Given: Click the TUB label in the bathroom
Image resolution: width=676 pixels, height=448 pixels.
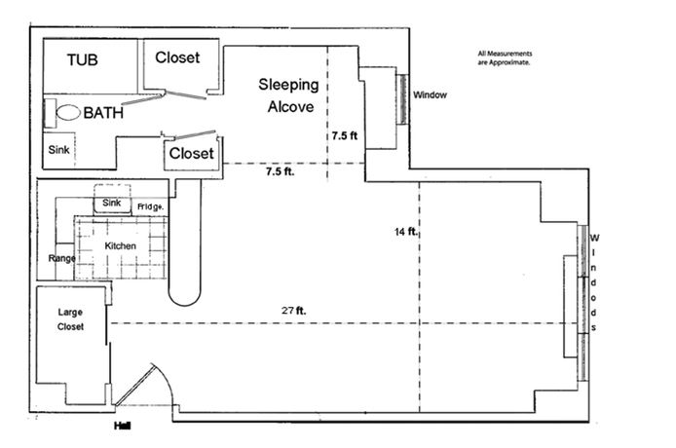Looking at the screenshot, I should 85,60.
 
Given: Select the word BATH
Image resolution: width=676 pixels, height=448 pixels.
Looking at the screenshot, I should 103,113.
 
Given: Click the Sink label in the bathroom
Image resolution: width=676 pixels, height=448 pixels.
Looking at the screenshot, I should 58,151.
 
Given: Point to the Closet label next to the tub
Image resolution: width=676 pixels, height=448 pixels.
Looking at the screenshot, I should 177,57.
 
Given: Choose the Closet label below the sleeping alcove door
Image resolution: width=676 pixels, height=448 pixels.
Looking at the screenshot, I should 191,154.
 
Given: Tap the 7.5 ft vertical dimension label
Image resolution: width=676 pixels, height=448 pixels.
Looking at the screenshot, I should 345,136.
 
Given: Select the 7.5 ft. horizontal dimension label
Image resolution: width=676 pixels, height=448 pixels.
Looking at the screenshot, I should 280,172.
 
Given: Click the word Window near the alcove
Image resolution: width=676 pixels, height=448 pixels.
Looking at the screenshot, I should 430,95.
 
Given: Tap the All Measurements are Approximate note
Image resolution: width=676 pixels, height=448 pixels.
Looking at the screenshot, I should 505,56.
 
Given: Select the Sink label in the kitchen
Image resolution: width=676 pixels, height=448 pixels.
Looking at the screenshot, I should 110,202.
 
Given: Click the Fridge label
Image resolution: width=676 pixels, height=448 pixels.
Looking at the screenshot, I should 150,206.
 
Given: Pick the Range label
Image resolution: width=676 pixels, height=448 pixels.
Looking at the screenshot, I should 62,258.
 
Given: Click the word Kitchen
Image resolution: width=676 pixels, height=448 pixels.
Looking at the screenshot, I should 120,245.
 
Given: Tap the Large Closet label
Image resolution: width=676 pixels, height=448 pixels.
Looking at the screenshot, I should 70,319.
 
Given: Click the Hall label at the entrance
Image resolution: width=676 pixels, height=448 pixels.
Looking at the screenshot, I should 122,427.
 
